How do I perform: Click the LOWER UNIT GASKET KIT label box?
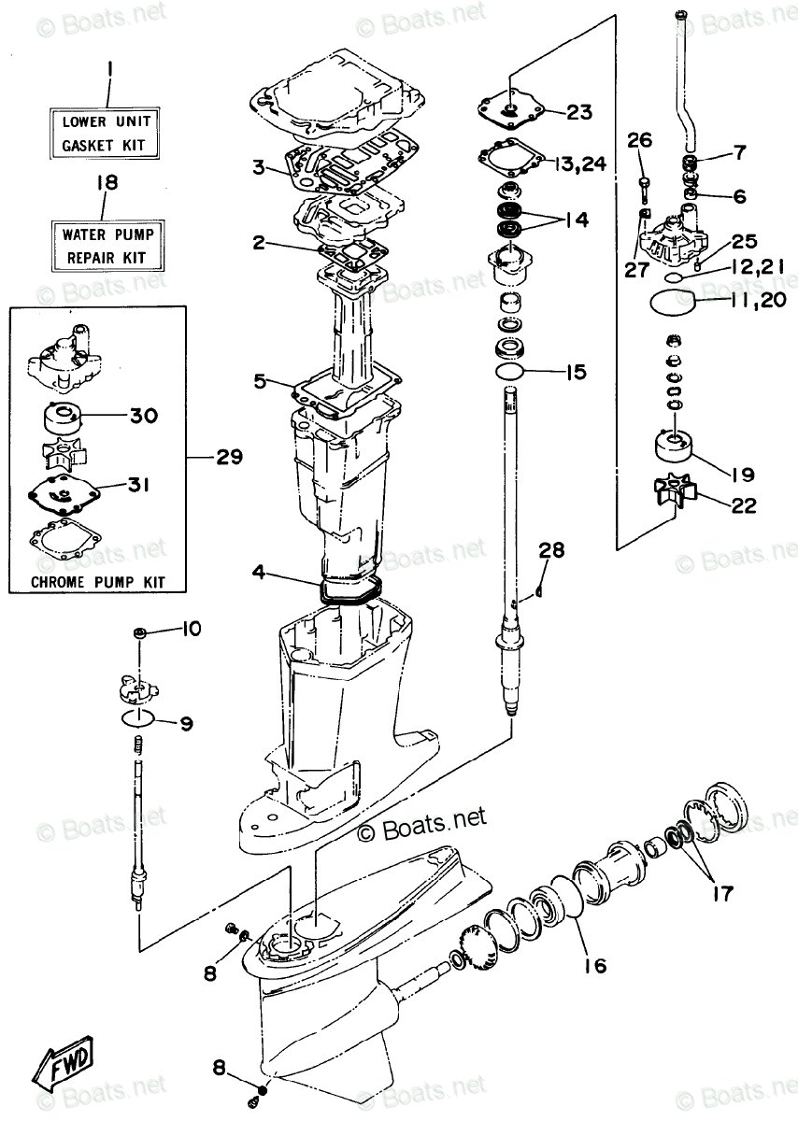(106, 133)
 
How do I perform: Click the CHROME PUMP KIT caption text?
(97, 581)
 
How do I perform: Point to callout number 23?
(579, 113)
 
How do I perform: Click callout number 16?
(594, 965)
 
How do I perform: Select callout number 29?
(228, 458)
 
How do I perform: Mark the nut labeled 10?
(139, 633)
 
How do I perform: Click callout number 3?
(257, 168)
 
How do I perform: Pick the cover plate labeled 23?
(508, 113)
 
